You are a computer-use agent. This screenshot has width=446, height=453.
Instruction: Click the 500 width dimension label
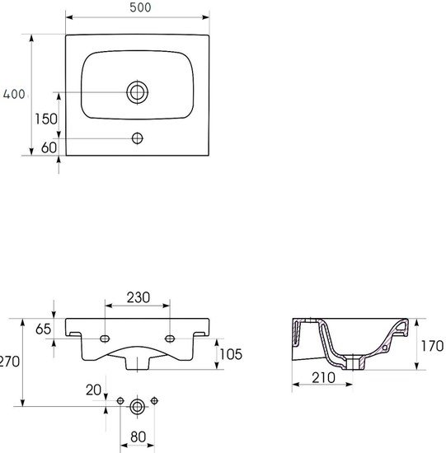140,7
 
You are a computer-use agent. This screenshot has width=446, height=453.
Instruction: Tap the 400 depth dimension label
14,94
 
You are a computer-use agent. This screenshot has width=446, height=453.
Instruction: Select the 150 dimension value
46,119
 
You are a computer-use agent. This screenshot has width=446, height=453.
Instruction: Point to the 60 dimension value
49,147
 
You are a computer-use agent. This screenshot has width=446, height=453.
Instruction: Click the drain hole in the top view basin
138,92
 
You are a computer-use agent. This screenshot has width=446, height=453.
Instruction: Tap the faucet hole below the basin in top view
138,138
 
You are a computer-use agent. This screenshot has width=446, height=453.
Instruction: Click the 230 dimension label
138,297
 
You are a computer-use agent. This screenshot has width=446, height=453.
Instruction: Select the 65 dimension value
43,329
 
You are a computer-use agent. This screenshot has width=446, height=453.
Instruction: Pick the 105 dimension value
231,354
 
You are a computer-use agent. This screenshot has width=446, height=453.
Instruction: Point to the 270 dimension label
9,362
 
